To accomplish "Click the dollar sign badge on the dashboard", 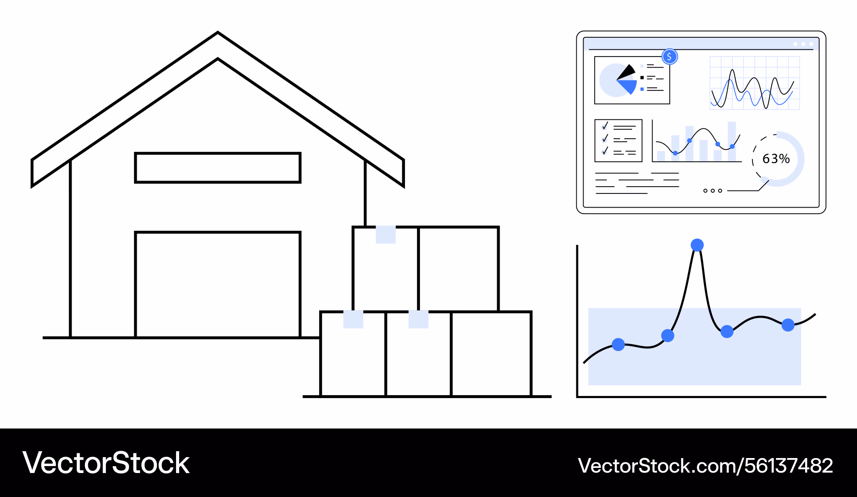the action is (x=670, y=57).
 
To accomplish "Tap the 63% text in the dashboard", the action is (x=776, y=159).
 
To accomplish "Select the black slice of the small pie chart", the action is (x=626, y=72).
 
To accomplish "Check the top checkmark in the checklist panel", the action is (x=605, y=126).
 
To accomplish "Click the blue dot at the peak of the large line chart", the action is (x=697, y=245).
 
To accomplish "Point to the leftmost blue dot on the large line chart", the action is (x=618, y=344).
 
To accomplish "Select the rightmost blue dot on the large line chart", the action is (x=788, y=325).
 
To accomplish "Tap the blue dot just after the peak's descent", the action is (x=727, y=331).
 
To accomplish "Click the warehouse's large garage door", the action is (x=218, y=285).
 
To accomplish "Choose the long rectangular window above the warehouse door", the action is (x=218, y=168).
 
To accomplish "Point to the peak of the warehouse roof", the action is (x=218, y=33).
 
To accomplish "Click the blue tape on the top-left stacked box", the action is (x=386, y=235).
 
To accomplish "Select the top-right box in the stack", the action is (x=458, y=269).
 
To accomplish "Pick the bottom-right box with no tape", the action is (x=491, y=354).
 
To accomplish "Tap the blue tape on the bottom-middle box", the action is (x=419, y=319).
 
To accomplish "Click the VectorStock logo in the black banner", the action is (x=106, y=463).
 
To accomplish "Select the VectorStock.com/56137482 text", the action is (x=705, y=465).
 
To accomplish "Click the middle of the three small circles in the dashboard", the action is (x=713, y=190).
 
